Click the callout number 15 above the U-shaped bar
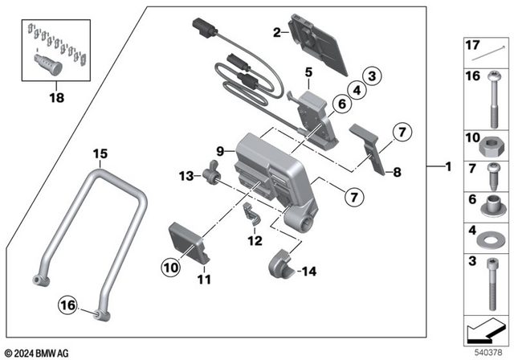(x=100, y=153)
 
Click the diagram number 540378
(x=488, y=350)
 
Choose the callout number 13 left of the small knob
(x=185, y=175)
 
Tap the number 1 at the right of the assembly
(x=449, y=167)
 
